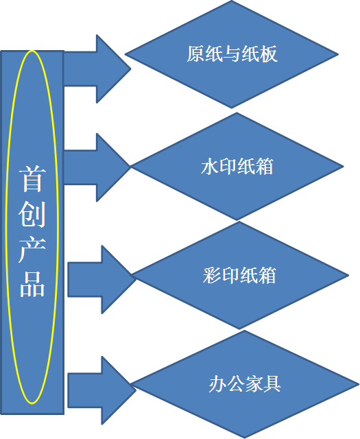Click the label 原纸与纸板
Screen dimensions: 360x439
click(x=232, y=54)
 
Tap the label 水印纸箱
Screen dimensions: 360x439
click(x=237, y=166)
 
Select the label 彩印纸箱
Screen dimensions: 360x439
click(x=239, y=275)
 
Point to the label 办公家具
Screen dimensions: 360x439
click(x=245, y=383)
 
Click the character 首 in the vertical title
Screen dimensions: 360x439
click(x=32, y=179)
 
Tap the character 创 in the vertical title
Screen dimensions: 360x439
click(x=32, y=215)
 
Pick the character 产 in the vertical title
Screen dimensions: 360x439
click(x=32, y=250)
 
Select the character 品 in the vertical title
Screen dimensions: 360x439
click(x=32, y=284)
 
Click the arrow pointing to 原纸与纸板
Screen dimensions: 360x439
click(x=97, y=69)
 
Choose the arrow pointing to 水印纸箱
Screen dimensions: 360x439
click(x=97, y=167)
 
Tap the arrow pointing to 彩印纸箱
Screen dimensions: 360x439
click(x=102, y=279)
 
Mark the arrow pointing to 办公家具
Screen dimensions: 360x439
click(x=102, y=390)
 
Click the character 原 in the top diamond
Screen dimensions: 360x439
click(x=195, y=54)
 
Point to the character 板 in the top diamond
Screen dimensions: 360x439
click(x=269, y=54)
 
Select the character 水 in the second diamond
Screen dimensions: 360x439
click(x=210, y=166)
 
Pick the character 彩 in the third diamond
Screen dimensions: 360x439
click(x=212, y=275)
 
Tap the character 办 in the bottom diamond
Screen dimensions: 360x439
click(x=217, y=383)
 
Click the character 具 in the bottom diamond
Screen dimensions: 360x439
click(x=272, y=383)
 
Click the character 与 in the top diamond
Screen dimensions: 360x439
click(x=232, y=54)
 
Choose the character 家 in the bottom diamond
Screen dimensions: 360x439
click(x=254, y=383)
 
